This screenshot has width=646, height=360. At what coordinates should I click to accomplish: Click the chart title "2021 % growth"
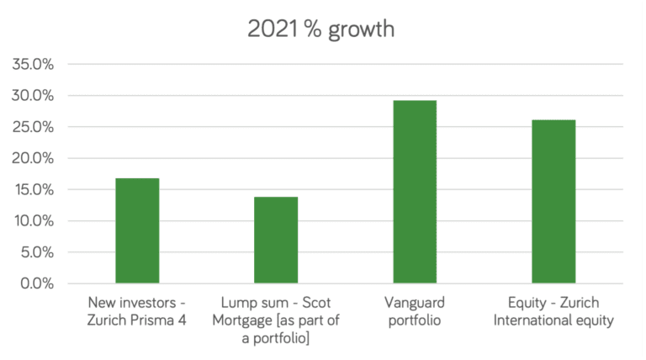[321, 29]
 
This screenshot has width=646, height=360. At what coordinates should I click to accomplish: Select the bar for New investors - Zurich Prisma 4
[137, 230]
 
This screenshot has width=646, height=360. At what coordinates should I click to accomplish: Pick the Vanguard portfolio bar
[415, 192]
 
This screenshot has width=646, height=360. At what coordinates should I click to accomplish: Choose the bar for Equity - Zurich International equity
[553, 202]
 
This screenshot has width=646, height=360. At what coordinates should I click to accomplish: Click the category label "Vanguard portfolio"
[414, 310]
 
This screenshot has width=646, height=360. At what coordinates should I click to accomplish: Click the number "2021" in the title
[268, 29]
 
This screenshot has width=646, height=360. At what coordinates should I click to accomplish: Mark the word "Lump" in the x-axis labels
[238, 302]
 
